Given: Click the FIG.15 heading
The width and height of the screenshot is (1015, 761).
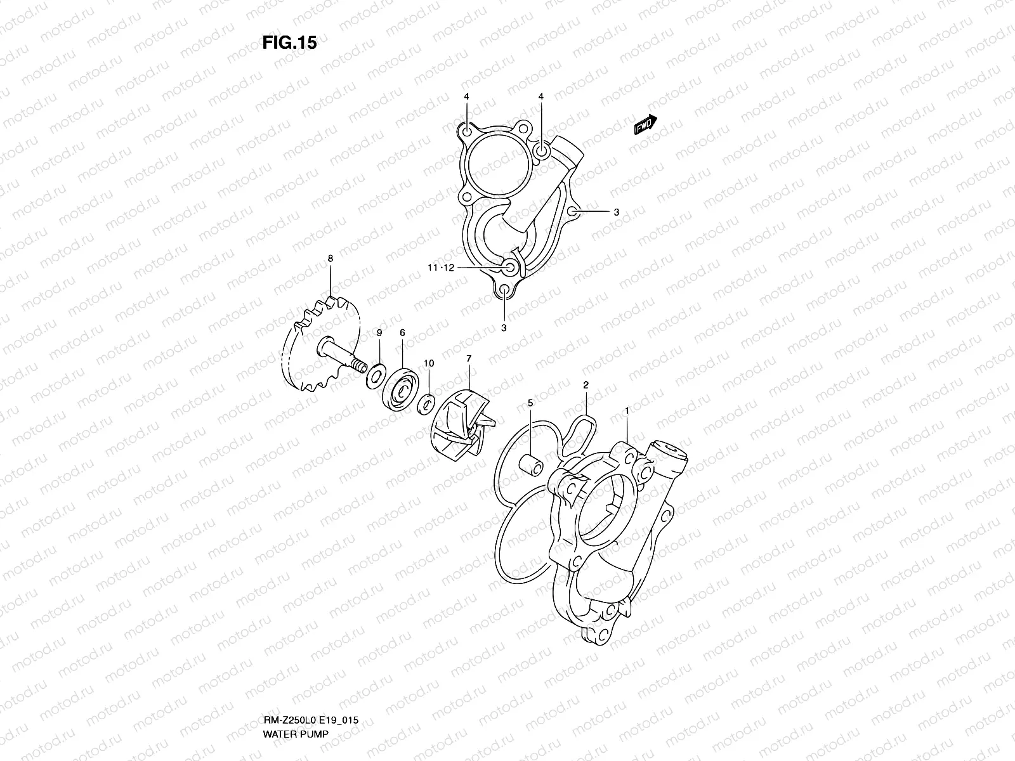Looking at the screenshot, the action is tap(289, 42).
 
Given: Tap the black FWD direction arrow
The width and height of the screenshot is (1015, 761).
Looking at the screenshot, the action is tap(646, 124).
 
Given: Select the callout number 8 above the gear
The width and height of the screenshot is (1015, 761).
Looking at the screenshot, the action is tap(330, 259).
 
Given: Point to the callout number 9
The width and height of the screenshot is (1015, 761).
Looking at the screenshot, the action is tap(379, 333).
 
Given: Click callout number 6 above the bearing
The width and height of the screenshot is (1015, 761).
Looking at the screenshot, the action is tap(402, 333).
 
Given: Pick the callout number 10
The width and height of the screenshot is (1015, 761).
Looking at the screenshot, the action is tap(429, 363).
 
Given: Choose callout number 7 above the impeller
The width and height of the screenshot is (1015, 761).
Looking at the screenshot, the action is tap(469, 358).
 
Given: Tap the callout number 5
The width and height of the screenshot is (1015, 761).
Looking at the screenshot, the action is tap(530, 403).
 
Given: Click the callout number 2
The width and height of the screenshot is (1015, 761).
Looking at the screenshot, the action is tap(586, 385).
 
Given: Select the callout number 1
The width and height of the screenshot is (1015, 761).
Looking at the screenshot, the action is tap(627, 411).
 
